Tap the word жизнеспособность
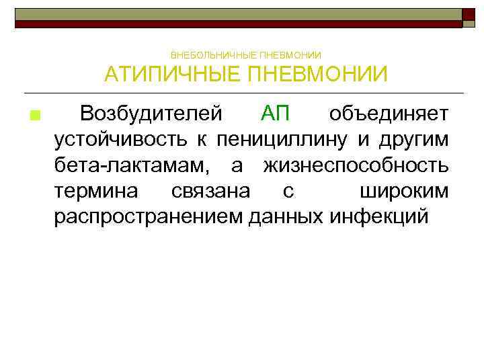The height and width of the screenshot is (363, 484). pos(356,165)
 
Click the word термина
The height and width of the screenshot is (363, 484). pos(97,191)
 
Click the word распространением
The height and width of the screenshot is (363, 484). pos(149,216)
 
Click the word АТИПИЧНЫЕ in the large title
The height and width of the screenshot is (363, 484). pos(171,74)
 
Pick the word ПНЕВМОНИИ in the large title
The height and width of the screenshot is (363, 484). pos(317,74)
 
